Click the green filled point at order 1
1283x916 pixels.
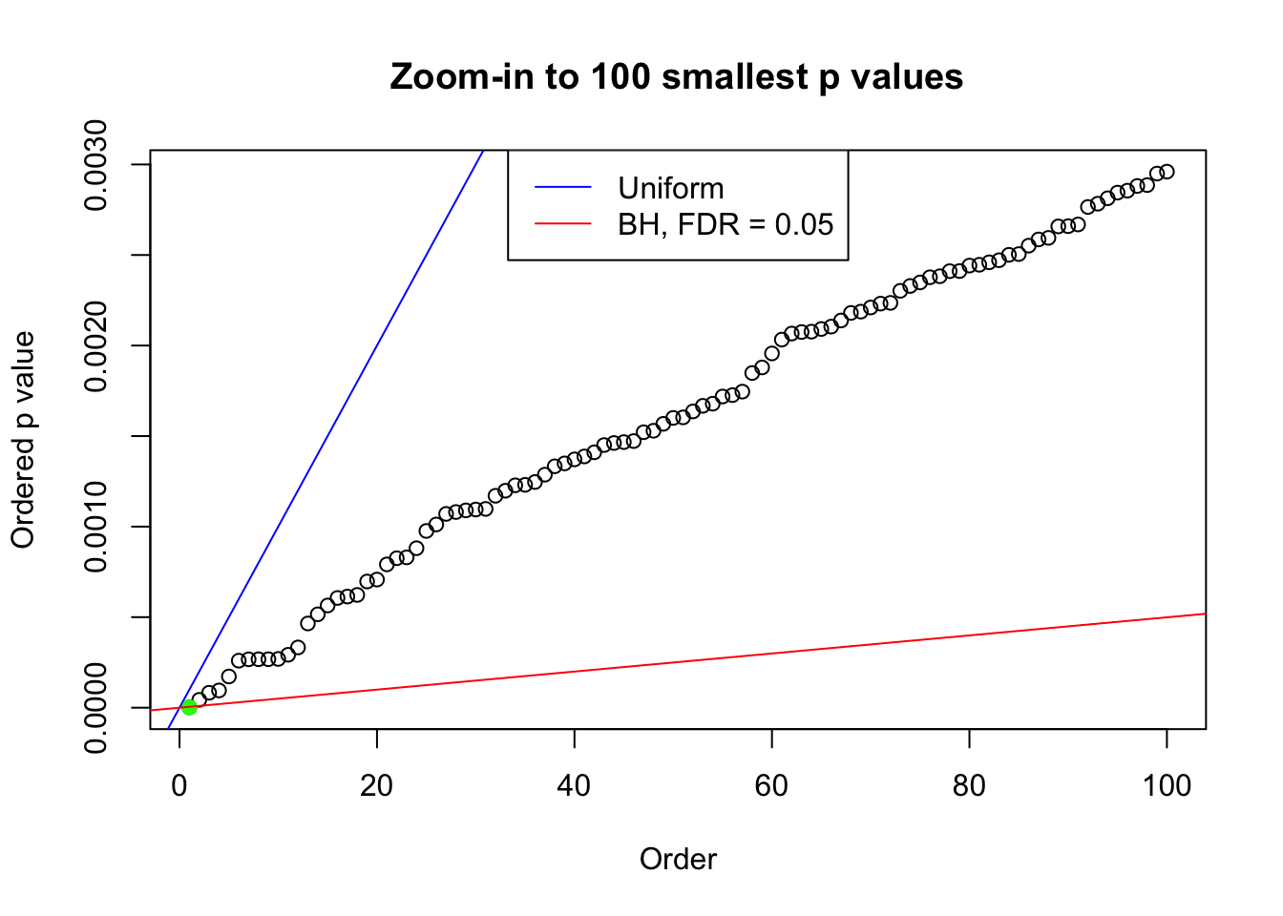coord(189,707)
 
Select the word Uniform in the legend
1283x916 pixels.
coord(670,188)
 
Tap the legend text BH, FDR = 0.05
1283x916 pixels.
coord(726,224)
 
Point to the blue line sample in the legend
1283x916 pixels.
coord(562,188)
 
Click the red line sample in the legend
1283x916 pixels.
coord(562,224)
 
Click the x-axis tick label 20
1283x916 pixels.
coord(377,785)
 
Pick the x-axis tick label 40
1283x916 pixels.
coord(575,785)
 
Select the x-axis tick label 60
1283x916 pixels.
coord(771,785)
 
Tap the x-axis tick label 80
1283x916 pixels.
coord(969,785)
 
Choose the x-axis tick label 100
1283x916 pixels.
coord(1167,785)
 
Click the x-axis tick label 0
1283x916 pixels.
coord(179,785)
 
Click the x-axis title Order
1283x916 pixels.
coord(678,859)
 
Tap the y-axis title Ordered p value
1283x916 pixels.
coord(23,440)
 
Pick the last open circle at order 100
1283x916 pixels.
coord(1167,172)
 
